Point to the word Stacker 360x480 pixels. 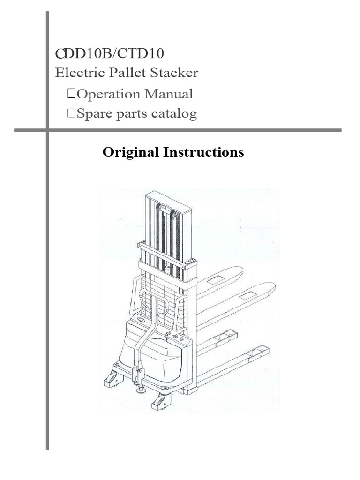[175, 73]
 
